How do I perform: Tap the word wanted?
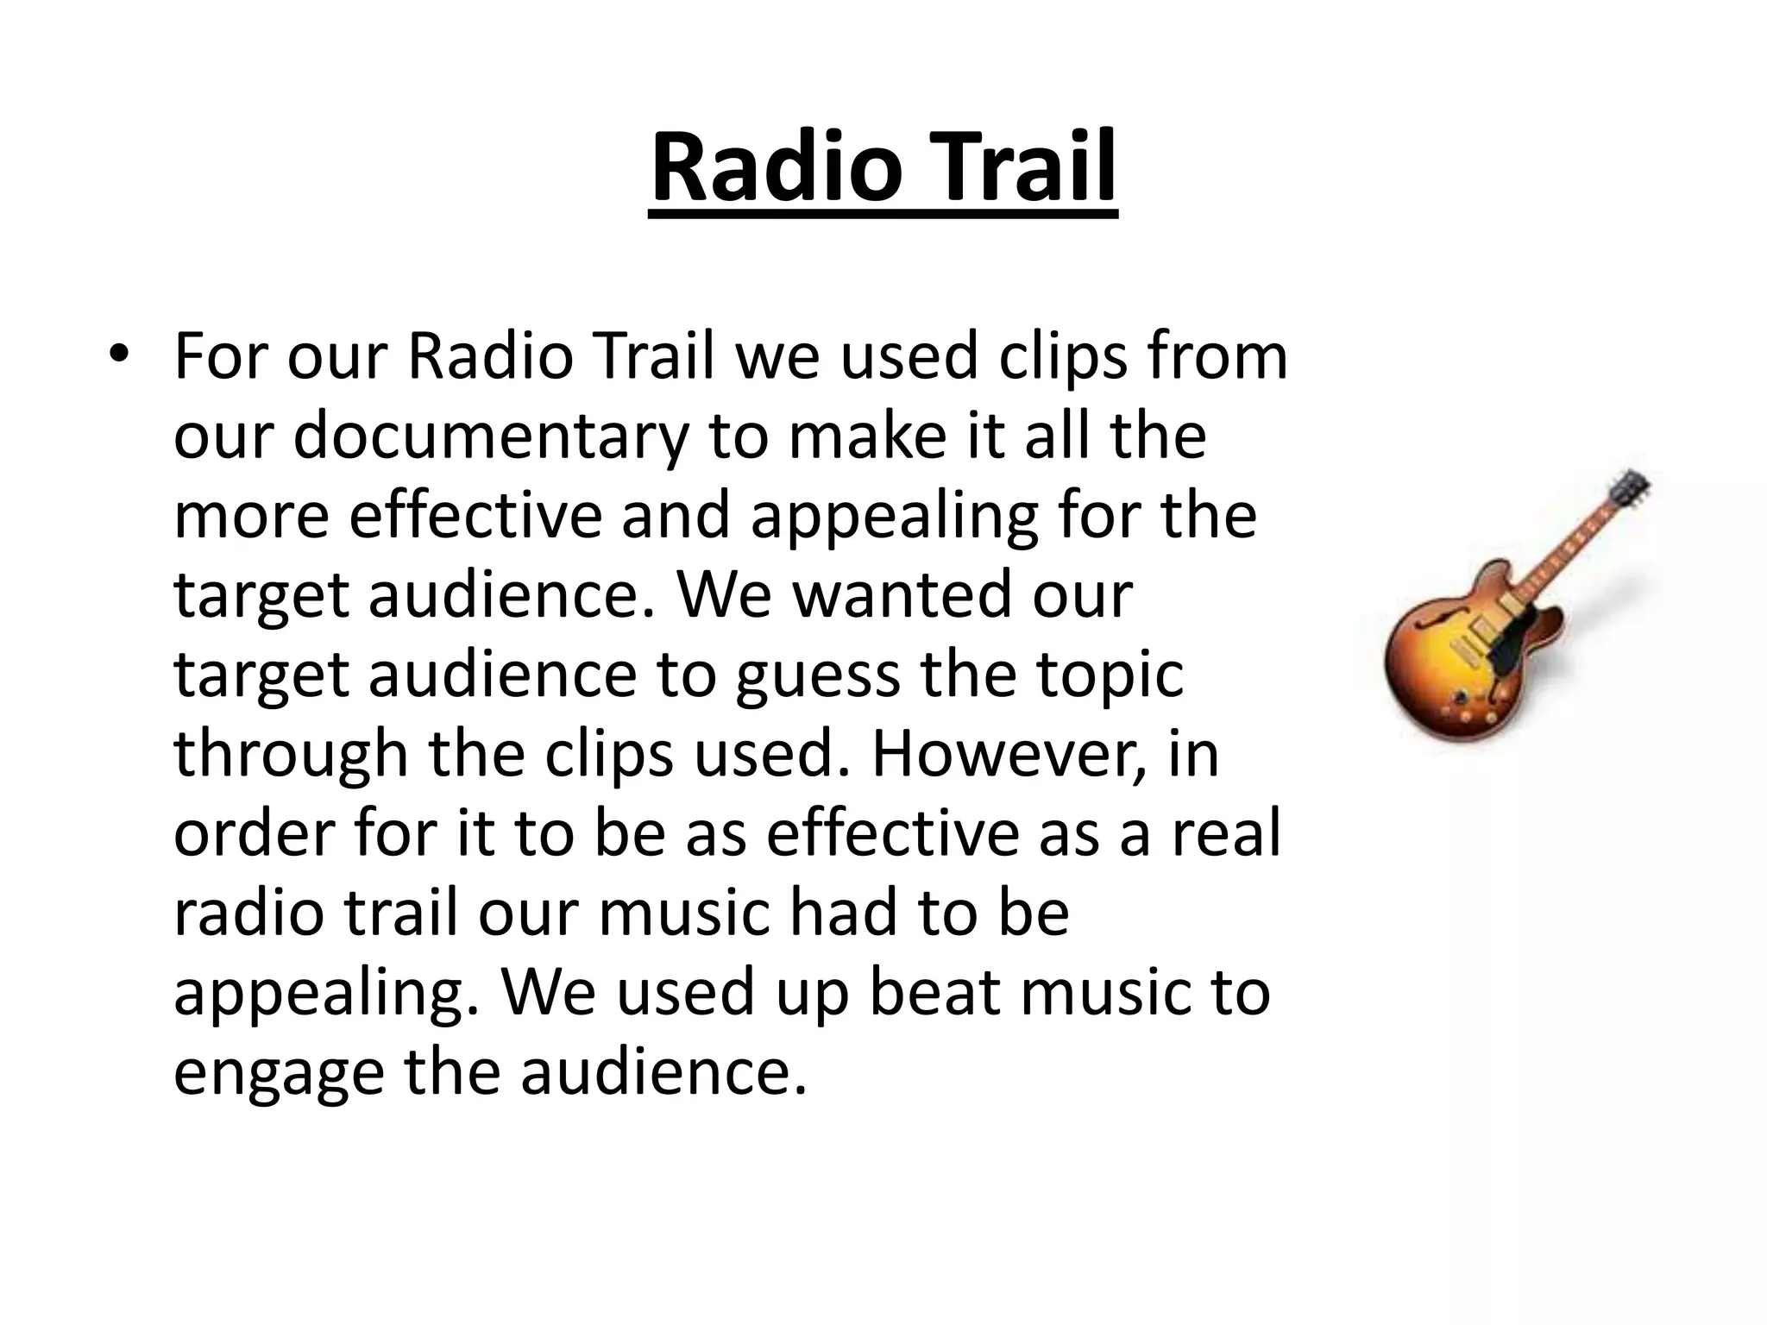coord(896,595)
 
